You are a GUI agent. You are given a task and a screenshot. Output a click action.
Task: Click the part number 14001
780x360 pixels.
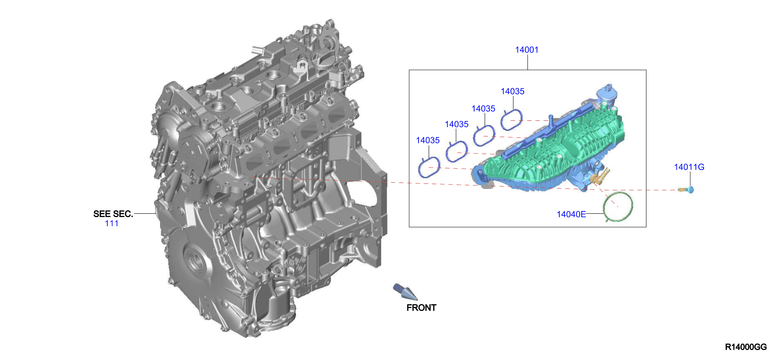[527, 50]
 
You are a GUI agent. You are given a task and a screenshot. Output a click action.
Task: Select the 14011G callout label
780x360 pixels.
[689, 167]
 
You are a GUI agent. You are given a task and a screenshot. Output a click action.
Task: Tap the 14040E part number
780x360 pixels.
[571, 214]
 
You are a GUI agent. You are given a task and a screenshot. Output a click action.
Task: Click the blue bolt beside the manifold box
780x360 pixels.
[686, 190]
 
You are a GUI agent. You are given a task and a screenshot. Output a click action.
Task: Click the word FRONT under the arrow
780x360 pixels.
[421, 308]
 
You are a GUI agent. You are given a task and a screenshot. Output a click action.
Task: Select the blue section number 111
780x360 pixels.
[111, 223]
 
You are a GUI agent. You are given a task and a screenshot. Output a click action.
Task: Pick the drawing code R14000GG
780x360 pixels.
[746, 347]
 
